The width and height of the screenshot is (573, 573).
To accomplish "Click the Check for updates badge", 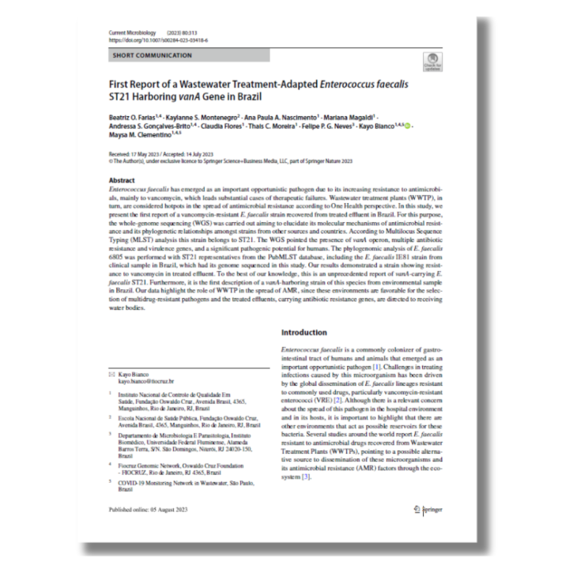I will [432, 60].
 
